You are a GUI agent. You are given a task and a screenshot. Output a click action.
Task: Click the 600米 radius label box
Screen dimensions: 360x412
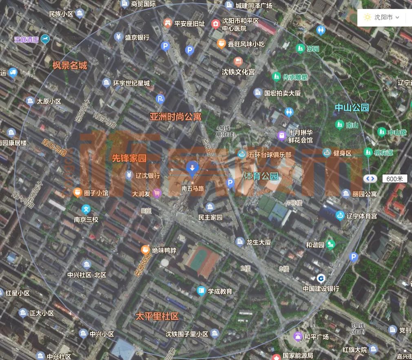pyautogui.click(x=394, y=178)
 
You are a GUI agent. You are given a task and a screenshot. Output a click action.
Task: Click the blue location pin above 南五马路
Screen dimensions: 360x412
pyautogui.click(x=192, y=168)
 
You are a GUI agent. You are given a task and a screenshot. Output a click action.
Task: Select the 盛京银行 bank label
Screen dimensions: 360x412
pyautogui.click(x=137, y=37)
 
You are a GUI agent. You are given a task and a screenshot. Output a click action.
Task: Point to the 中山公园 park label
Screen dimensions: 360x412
pyautogui.click(x=352, y=108)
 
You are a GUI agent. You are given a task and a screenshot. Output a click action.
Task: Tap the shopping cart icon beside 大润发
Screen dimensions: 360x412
pyautogui.click(x=157, y=193)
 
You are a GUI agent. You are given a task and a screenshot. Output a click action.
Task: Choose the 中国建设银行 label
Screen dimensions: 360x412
pyautogui.click(x=321, y=289)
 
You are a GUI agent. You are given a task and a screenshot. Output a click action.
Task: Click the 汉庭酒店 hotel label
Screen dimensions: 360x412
pyautogui.click(x=26, y=40)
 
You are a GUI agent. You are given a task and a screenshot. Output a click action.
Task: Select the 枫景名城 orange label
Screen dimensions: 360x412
pyautogui.click(x=70, y=65)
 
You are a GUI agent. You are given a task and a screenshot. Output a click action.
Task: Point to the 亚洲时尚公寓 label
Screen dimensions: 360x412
pyautogui.click(x=175, y=117)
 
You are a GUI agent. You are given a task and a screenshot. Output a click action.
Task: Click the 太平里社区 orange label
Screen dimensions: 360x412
pyautogui.click(x=157, y=316)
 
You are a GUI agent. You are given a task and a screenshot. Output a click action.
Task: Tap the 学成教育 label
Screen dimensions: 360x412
pyautogui.click(x=220, y=291)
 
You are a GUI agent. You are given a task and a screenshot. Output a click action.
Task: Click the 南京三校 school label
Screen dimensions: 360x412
pyautogui.click(x=86, y=219)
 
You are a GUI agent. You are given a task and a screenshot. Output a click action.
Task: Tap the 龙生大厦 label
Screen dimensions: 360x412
pyautogui.click(x=259, y=242)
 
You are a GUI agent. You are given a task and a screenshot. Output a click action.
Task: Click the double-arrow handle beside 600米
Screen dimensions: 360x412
pyautogui.click(x=370, y=178)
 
